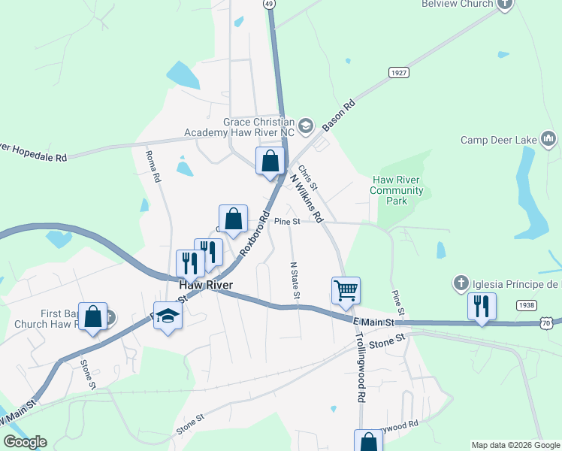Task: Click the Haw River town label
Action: point(205,286)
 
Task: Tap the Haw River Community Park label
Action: point(398,190)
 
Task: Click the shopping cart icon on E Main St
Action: point(346,290)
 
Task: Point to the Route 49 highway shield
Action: point(270,4)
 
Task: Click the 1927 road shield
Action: point(399,72)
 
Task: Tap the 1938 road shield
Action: point(526,305)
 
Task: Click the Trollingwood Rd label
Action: point(360,368)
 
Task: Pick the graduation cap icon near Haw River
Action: point(168,318)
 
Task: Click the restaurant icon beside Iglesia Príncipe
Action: point(481,306)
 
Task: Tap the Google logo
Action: point(25,442)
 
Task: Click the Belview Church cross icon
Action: point(504,4)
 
